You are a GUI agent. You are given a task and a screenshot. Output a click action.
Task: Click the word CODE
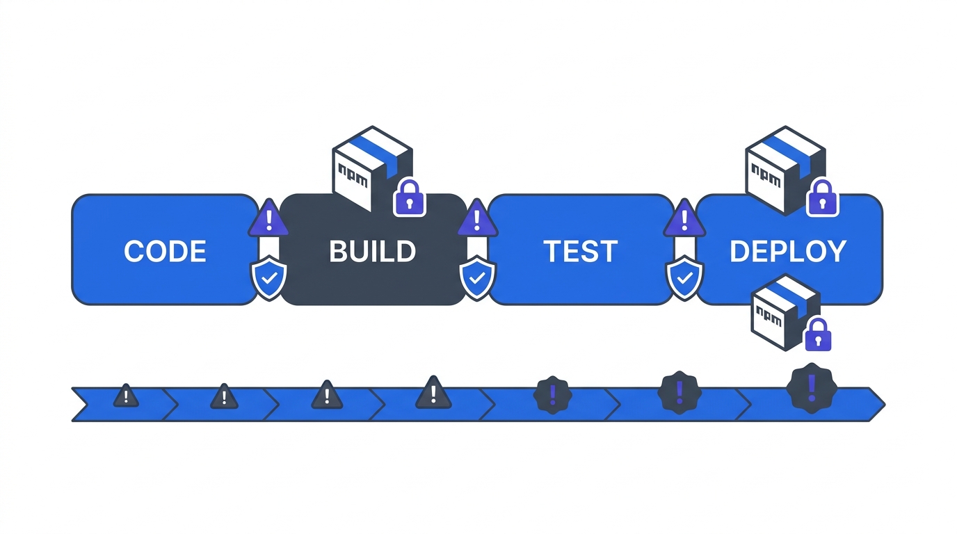pos(165,252)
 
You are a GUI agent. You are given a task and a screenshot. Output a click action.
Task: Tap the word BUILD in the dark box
pos(372,252)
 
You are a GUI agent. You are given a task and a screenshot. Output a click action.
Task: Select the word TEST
pos(580,252)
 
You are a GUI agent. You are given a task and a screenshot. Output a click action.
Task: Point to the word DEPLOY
pos(788,252)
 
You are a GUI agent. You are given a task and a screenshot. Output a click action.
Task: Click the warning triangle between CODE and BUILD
pos(268,218)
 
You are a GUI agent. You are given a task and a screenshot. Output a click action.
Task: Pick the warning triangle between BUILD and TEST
pos(477,218)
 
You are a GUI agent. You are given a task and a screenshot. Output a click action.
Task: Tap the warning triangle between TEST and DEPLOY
pos(684,218)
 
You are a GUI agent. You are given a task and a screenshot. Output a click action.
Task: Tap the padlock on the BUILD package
pos(410,198)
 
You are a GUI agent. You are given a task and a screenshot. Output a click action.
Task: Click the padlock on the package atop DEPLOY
pos(822,198)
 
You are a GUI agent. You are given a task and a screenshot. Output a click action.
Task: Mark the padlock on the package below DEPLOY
pos(818,335)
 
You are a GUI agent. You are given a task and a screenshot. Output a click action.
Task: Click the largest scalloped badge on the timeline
pos(812,388)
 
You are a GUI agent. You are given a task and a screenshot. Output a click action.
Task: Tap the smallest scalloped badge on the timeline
pos(552,396)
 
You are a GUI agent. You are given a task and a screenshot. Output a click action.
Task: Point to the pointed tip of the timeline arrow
pos(883,403)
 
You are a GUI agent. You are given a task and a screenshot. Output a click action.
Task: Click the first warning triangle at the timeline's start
pos(126,396)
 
